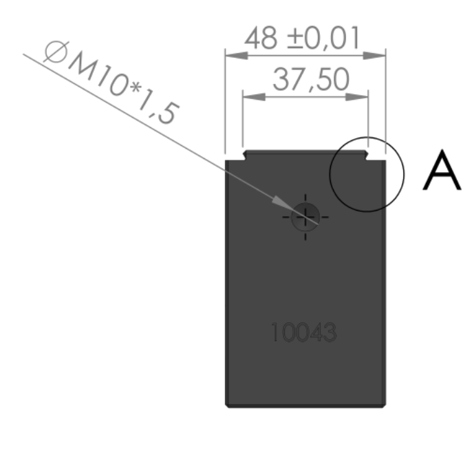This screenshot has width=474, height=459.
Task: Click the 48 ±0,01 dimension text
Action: (x=302, y=38)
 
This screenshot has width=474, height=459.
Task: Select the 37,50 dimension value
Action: (x=311, y=80)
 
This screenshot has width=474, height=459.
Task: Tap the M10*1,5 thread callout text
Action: (x=123, y=88)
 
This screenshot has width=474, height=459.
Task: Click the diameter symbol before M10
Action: (x=56, y=52)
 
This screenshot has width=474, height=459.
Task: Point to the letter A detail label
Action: (x=442, y=170)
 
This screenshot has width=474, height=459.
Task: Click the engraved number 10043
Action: (x=303, y=332)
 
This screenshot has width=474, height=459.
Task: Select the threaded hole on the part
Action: (x=305, y=217)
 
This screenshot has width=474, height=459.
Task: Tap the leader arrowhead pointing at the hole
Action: (x=282, y=202)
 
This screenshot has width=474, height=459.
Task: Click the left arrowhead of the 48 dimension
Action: (x=237, y=55)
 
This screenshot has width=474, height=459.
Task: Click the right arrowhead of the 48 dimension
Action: (x=374, y=55)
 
